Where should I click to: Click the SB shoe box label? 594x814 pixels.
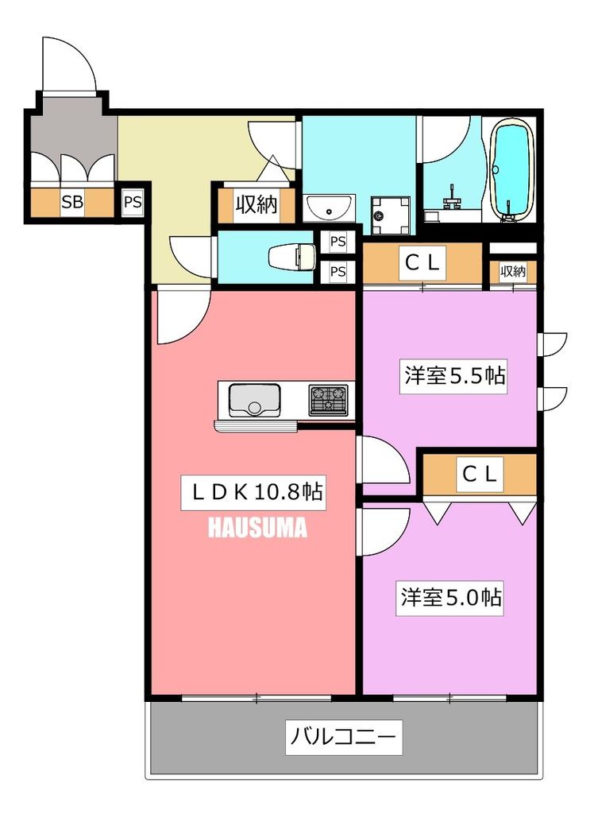pyautogui.click(x=72, y=202)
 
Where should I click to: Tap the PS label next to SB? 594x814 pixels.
pyautogui.click(x=132, y=202)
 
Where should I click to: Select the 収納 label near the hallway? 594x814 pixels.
pyautogui.click(x=255, y=205)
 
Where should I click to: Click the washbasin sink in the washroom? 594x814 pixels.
pyautogui.click(x=330, y=208)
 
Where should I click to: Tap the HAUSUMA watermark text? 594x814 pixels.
pyautogui.click(x=257, y=529)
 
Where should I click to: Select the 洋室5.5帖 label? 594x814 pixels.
pyautogui.click(x=453, y=375)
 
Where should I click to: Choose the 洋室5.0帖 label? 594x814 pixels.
pyautogui.click(x=450, y=598)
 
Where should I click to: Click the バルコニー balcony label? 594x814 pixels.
pyautogui.click(x=343, y=738)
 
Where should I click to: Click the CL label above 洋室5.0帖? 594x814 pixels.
pyautogui.click(x=480, y=475)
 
